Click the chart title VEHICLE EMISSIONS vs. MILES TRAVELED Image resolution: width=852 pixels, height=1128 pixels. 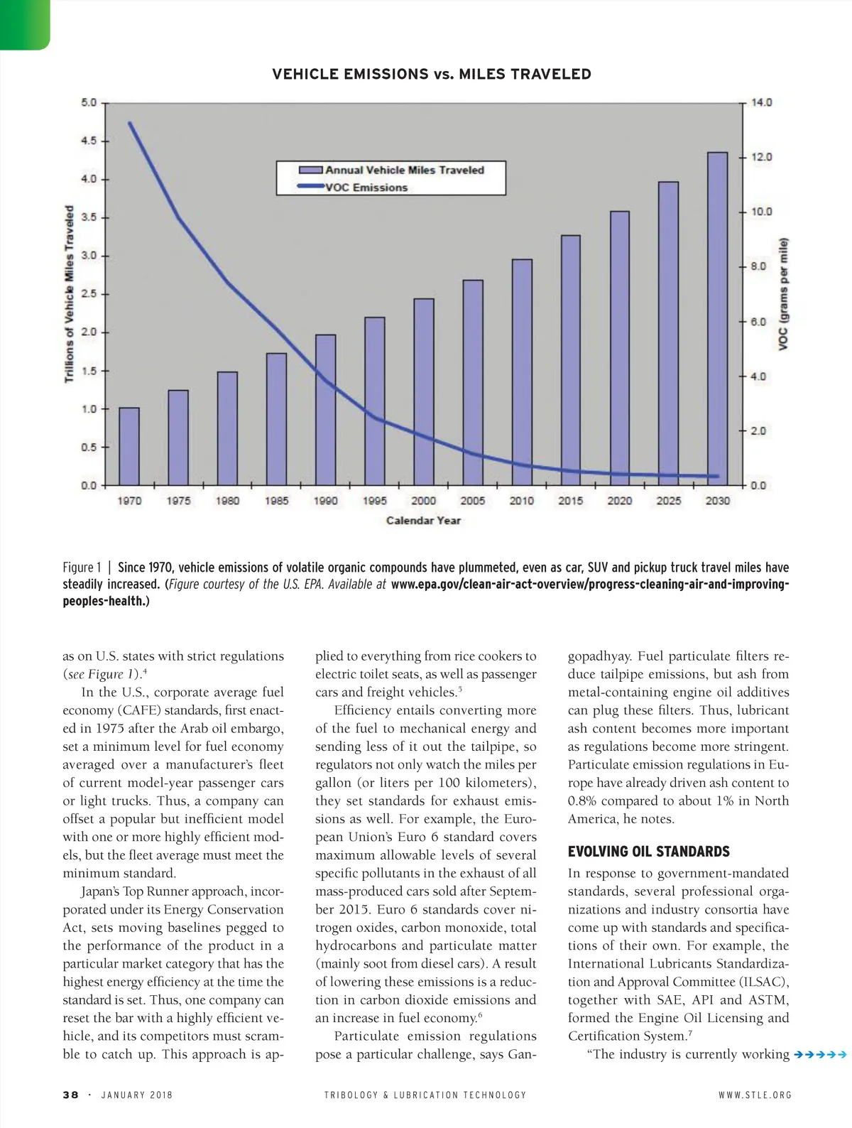click(x=431, y=75)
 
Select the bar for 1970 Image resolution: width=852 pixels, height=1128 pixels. click(x=129, y=446)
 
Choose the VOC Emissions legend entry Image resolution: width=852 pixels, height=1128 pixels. click(x=366, y=188)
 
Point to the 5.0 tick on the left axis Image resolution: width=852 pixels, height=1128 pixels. click(x=89, y=102)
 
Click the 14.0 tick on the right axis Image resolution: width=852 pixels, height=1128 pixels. click(x=761, y=102)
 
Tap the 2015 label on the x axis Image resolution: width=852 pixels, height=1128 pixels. click(x=570, y=501)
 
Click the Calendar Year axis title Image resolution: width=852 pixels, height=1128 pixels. click(x=423, y=521)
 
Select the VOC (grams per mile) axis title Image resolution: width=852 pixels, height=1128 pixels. click(x=783, y=294)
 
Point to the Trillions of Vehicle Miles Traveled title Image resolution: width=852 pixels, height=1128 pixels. click(x=70, y=294)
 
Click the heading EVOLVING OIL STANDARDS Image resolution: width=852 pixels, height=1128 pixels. click(x=648, y=852)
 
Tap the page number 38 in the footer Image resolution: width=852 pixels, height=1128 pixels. click(x=70, y=1095)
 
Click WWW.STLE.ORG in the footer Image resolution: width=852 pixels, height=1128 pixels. click(x=755, y=1095)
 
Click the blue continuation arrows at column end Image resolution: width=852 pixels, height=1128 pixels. click(x=821, y=1055)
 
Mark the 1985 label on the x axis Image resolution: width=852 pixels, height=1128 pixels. click(x=276, y=501)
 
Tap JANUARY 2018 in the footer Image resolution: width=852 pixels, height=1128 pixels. click(x=137, y=1095)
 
